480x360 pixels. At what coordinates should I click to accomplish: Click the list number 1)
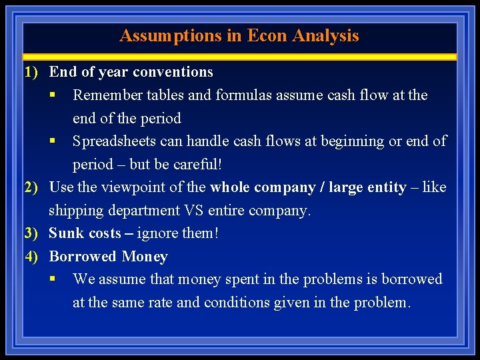pyautogui.click(x=33, y=72)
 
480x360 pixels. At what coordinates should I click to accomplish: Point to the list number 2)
pyautogui.click(x=33, y=187)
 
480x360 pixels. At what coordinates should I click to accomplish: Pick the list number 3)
pyautogui.click(x=33, y=233)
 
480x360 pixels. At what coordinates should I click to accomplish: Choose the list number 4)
pyautogui.click(x=33, y=257)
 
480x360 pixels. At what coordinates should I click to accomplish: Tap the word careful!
pyautogui.click(x=197, y=165)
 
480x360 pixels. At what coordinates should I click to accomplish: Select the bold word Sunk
pyautogui.click(x=65, y=233)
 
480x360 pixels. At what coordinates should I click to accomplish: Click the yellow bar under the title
pyautogui.click(x=240, y=57)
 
